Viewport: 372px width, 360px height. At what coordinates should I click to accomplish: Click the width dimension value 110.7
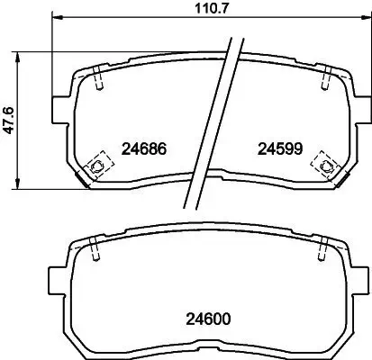click(x=204, y=9)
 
